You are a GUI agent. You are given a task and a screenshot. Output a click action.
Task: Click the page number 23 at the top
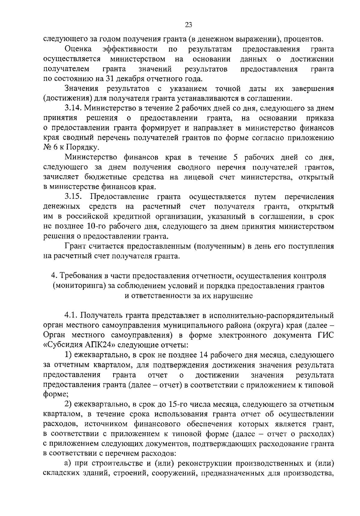pos(189,25)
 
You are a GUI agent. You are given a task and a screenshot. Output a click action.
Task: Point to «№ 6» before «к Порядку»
pos(52,148)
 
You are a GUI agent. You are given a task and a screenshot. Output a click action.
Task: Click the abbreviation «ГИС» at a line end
pos(326,335)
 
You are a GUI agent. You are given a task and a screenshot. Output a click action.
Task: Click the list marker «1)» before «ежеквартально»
pos(68,355)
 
